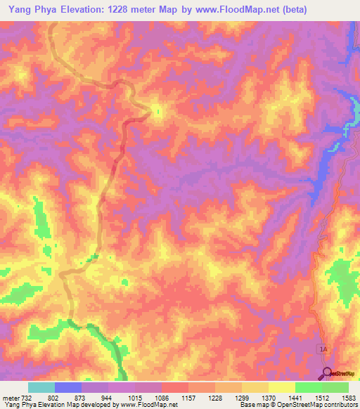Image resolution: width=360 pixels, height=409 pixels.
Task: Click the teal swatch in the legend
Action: tap(41, 387)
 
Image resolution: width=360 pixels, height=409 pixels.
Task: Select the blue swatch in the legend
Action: tap(68, 387)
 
